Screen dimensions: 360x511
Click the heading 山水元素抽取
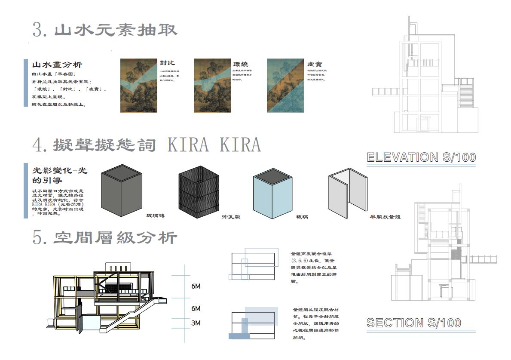click(116, 31)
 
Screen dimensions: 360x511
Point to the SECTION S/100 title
click(414, 323)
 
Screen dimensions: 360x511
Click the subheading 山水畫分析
click(57, 65)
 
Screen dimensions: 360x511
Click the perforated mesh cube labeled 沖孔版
click(199, 192)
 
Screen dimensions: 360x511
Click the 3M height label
click(196, 323)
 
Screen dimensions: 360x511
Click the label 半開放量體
click(386, 217)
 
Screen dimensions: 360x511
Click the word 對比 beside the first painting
click(167, 63)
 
